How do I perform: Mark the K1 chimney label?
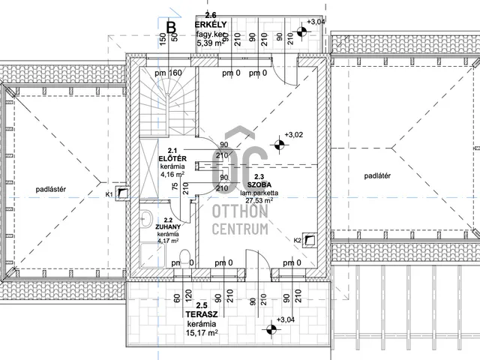[x=109, y=194]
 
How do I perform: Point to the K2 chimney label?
[x=297, y=240]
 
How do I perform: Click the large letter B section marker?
[x=169, y=27]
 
